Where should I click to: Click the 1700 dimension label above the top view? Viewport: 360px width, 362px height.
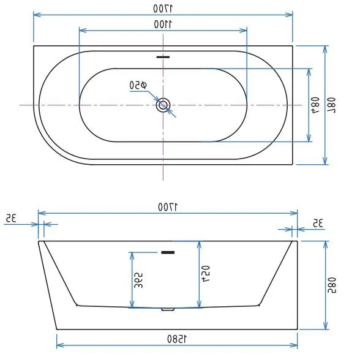163,9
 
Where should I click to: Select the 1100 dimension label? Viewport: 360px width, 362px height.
163,24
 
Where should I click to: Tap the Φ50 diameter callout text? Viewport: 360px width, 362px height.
138,85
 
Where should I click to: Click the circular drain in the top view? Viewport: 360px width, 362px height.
163,105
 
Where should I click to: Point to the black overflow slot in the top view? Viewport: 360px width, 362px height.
163,57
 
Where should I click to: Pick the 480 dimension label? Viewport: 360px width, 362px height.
315,105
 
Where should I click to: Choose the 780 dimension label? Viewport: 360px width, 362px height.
331,105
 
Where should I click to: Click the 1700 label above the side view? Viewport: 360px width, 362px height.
168,207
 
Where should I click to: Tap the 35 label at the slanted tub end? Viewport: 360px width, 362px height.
11,218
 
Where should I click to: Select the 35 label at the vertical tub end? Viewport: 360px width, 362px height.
318,223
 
